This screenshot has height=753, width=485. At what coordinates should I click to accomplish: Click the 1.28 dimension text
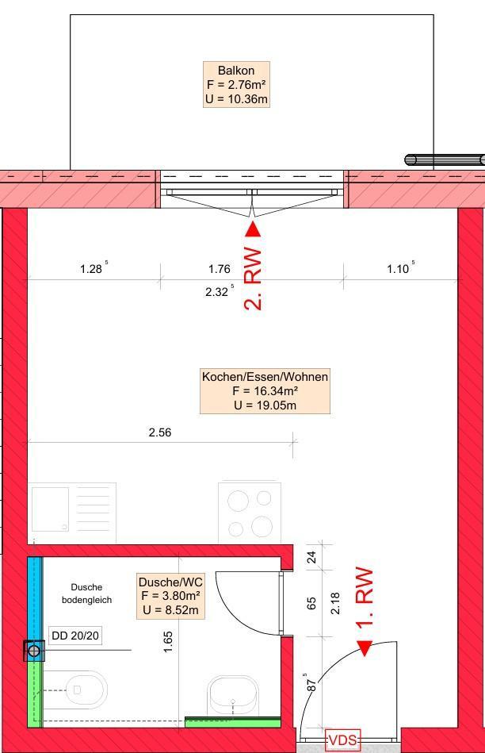coord(91,269)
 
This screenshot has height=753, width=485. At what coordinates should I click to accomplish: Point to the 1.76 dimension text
coord(220,269)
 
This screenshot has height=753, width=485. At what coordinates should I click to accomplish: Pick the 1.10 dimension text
coord(398,269)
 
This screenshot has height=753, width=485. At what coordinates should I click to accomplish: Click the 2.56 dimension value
coord(160,432)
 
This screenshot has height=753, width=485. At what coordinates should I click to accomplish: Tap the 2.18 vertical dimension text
coord(335,603)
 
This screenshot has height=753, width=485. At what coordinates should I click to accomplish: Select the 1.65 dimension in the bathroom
coord(167,642)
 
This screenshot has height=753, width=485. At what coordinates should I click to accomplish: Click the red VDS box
coord(342,740)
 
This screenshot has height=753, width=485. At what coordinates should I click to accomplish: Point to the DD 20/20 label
coord(75,636)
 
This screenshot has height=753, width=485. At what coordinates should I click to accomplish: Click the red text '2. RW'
coord(253,279)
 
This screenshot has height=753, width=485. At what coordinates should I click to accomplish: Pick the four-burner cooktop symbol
coord(250,513)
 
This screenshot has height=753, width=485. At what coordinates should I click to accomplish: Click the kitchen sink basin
coord(50,509)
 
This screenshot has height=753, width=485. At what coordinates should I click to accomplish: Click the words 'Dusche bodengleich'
coord(87,594)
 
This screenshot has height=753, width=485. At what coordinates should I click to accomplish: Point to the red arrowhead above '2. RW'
coord(253,229)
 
